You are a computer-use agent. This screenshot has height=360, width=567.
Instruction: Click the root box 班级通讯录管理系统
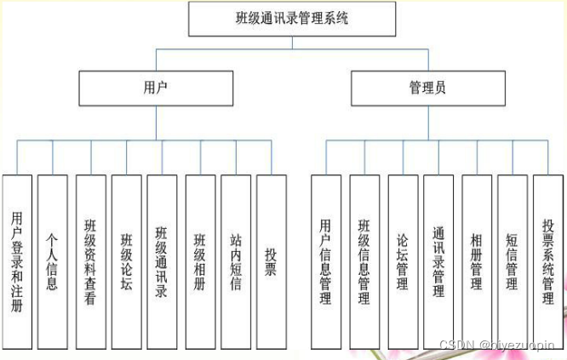(292, 19)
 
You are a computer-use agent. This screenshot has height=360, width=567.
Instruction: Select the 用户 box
(156, 88)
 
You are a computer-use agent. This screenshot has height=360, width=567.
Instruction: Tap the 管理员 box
(427, 88)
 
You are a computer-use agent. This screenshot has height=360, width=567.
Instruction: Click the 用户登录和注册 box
(17, 261)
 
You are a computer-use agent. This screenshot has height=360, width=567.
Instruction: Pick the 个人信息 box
(53, 261)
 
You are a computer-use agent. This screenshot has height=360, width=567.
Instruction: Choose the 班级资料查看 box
(90, 261)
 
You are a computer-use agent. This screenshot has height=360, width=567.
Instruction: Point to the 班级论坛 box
(126, 261)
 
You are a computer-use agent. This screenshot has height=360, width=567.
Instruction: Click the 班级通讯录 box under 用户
(162, 261)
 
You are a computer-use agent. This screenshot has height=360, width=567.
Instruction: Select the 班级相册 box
(200, 261)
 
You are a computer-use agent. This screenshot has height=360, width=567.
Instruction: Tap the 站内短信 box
(236, 261)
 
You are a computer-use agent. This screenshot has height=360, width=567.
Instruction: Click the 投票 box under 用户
(271, 261)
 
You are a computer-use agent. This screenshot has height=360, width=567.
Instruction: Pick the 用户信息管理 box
(325, 261)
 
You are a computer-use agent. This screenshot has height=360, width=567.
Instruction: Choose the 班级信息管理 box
(364, 261)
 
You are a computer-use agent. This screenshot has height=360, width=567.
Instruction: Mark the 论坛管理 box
(403, 261)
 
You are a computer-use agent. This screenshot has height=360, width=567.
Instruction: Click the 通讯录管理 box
(438, 261)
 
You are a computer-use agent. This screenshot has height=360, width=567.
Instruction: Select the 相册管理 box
(477, 261)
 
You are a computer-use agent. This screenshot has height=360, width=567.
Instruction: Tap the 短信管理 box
(513, 261)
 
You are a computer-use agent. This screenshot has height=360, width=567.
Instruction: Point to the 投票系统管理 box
(549, 261)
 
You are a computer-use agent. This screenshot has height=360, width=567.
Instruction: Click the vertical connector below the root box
(292, 43)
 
